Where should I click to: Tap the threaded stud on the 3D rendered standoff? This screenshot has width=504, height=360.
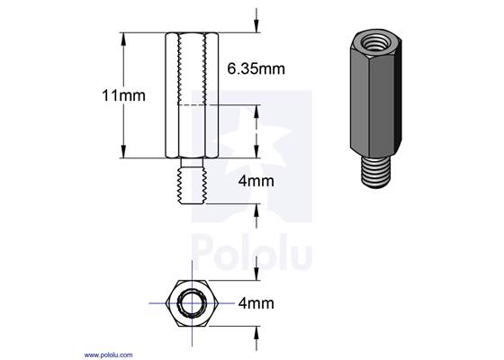click(373, 171)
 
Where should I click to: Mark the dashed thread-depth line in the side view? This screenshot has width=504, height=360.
click(193, 106)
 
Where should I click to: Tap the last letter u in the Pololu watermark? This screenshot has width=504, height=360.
click(301, 256)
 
